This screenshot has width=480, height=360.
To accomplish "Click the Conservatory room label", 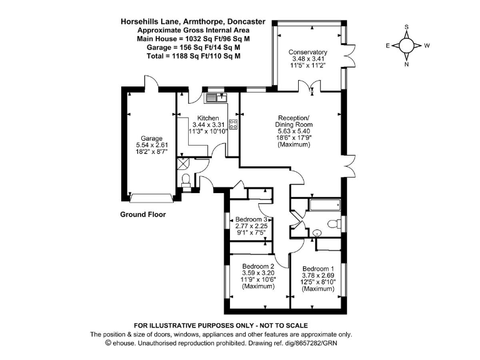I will click(308, 52).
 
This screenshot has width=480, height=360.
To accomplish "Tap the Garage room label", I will click(151, 138).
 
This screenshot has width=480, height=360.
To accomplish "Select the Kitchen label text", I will click(208, 118).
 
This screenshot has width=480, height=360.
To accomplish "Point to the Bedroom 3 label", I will click(252, 220).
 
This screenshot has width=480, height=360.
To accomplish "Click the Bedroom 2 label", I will click(258, 266).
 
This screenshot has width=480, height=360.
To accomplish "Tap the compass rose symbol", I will click(407, 46).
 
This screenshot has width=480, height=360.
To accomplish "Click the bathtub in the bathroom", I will click(324, 204).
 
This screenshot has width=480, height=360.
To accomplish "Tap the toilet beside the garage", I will click(186, 182).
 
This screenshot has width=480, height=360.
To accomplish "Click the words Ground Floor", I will click(142, 214).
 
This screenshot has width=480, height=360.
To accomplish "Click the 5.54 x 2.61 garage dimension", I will click(151, 145).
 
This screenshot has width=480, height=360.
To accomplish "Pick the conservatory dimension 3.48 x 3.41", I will click(308, 59).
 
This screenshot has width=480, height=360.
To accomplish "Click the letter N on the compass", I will click(407, 63).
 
